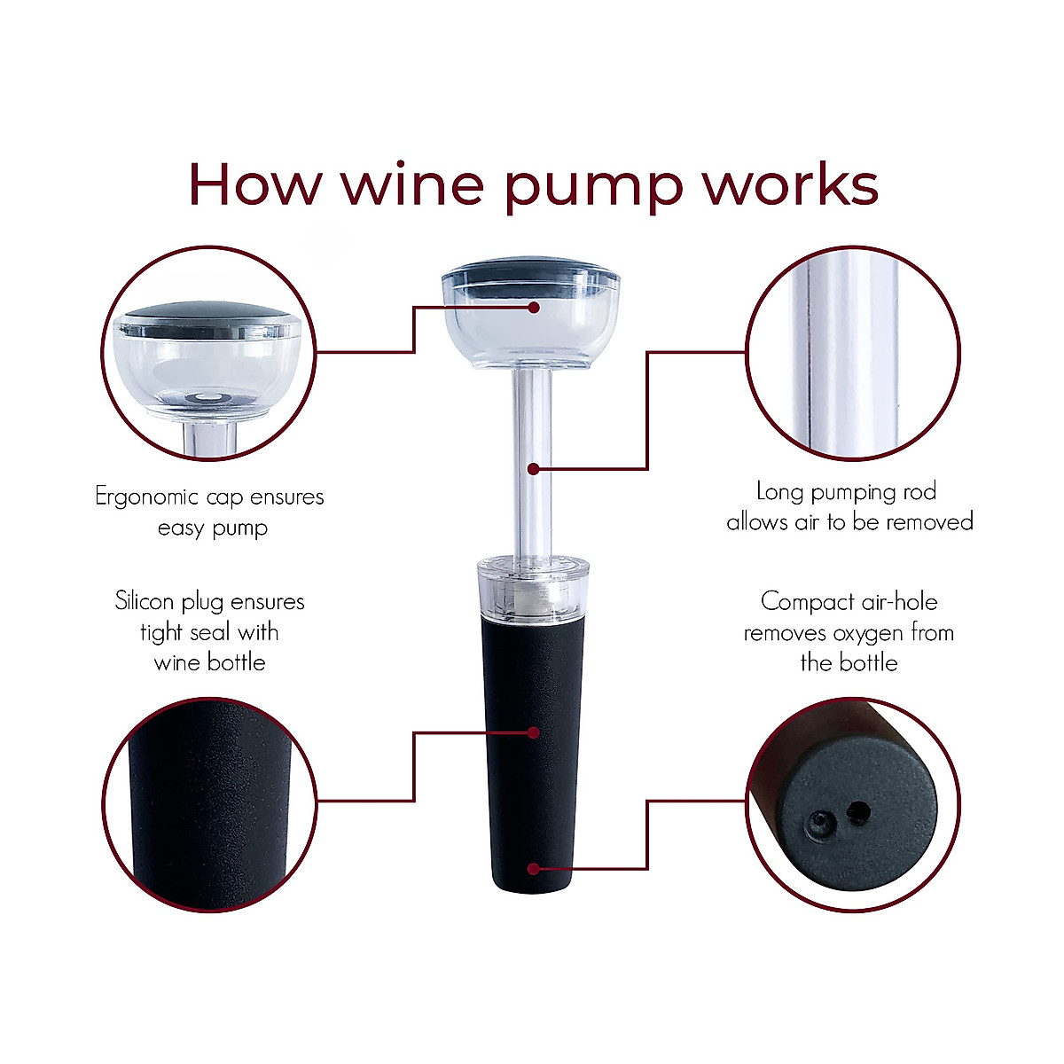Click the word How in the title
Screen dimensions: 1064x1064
pyautogui.click(x=253, y=184)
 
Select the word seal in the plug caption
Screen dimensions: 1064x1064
pyautogui.click(x=206, y=632)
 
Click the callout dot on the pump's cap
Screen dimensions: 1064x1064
pyautogui.click(x=534, y=308)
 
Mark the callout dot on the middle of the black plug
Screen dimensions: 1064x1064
pyautogui.click(x=534, y=732)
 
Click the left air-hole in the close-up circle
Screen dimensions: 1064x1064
pyautogui.click(x=817, y=826)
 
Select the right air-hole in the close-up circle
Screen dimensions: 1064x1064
pyautogui.click(x=857, y=810)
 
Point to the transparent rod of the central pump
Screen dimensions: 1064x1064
pyautogui.click(x=533, y=426)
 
